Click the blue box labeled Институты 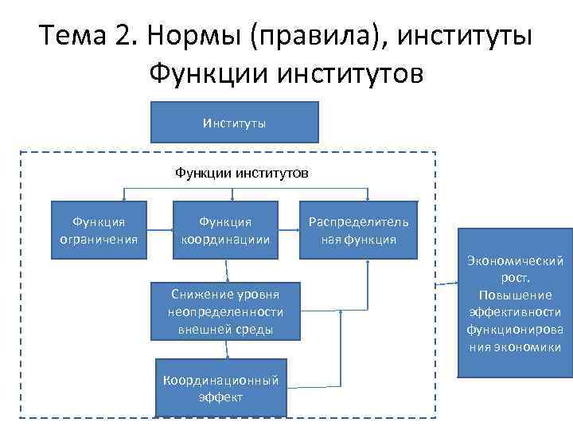pyautogui.click(x=234, y=122)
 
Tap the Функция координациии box pyautogui.click(x=225, y=229)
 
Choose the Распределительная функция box pyautogui.click(x=358, y=229)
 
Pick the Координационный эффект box pyautogui.click(x=220, y=388)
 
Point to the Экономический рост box pyautogui.click(x=515, y=303)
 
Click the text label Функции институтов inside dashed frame pyautogui.click(x=231, y=172)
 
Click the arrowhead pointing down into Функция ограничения pyautogui.click(x=123, y=197)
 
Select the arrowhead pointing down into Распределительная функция pyautogui.click(x=367, y=197)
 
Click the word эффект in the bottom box pyautogui.click(x=220, y=397)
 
